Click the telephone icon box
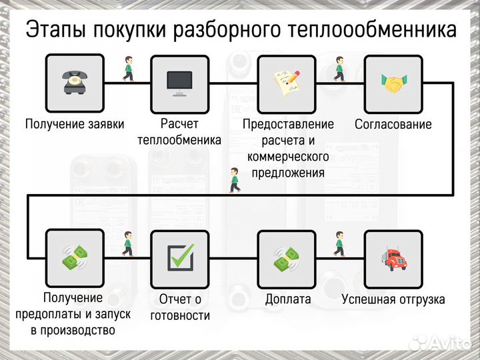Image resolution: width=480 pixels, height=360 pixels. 74,83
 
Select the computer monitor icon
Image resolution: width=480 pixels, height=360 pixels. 180,83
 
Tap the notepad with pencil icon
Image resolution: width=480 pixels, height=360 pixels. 287,83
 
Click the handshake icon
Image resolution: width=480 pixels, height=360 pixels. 393,83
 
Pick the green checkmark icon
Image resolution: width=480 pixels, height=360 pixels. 180,258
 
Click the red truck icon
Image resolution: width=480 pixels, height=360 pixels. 393,258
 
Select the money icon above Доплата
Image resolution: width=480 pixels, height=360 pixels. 287,258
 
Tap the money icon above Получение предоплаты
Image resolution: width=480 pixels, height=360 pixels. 74,258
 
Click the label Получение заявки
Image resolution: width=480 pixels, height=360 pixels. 75,124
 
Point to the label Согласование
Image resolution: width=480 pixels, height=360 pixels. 393,124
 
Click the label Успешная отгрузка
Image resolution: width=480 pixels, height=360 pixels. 393,299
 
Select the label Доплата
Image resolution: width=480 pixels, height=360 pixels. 287,299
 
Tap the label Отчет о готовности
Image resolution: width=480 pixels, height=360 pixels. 180,307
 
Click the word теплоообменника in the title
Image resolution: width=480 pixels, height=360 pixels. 373,30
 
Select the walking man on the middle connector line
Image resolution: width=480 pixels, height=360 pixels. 234,181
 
